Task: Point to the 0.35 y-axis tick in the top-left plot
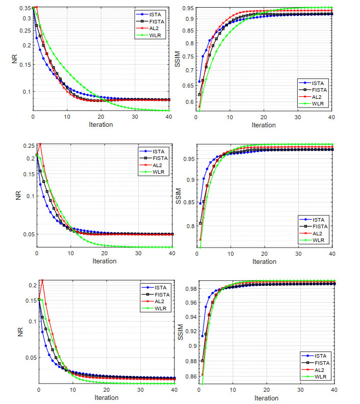point(23,9)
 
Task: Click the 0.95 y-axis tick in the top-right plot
point(189,8)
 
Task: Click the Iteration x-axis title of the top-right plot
point(264,125)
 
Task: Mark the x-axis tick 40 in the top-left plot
point(169,117)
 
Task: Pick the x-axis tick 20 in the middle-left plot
point(105,254)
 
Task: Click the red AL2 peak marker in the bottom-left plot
point(42,280)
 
